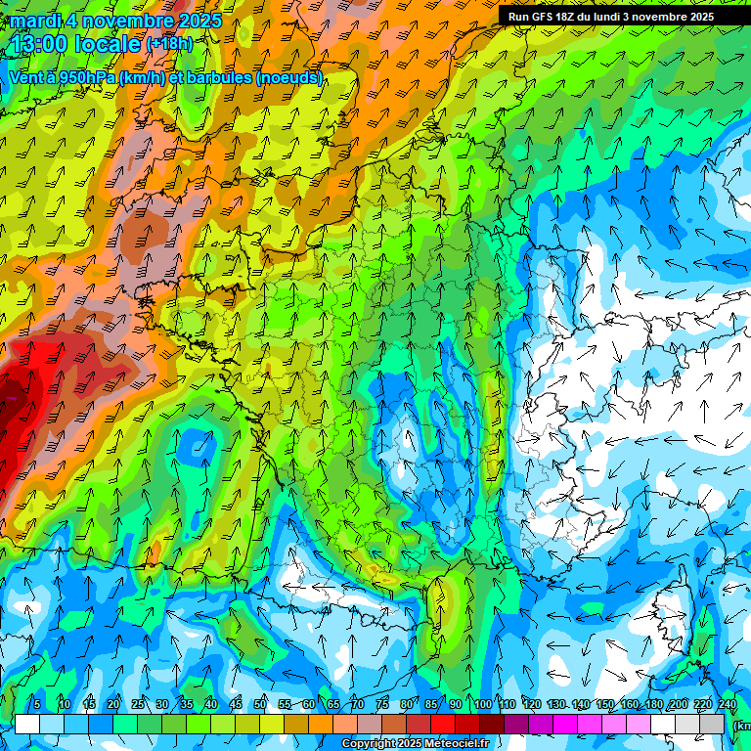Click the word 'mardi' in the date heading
point(36,21)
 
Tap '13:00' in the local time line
point(40,44)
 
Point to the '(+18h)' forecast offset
point(169,44)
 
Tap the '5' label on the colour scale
point(37,704)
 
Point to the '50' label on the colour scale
point(260,704)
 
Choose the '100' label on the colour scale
point(483,704)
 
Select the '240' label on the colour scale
point(727,704)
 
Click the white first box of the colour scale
point(27,725)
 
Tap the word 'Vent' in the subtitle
point(26,77)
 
